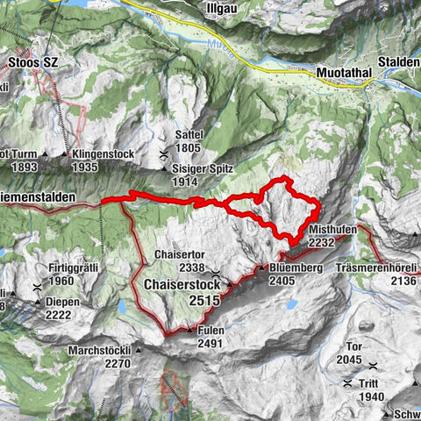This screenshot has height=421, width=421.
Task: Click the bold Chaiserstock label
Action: pyautogui.click(x=181, y=285)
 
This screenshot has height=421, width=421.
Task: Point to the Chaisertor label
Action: pyautogui.click(x=179, y=254)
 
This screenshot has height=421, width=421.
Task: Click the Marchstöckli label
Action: pyautogui.click(x=104, y=350)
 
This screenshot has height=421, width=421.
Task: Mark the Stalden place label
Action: pyautogui.click(x=400, y=64)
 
